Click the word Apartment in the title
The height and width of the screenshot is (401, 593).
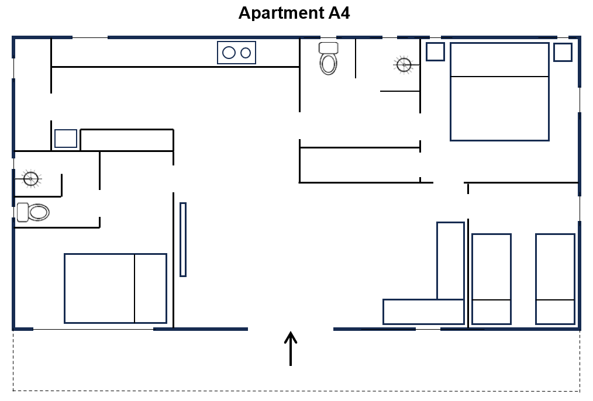tap(281, 13)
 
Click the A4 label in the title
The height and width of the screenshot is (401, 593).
tap(339, 13)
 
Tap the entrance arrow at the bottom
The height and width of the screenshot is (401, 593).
tap(291, 348)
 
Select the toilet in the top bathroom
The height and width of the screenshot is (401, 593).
tap(328, 58)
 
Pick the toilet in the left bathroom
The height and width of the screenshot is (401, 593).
tap(33, 212)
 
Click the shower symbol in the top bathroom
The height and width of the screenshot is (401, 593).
tap(404, 65)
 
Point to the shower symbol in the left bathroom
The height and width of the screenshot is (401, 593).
tap(31, 179)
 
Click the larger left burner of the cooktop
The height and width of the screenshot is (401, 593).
tap(229, 53)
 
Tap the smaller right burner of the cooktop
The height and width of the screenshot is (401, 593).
tap(246, 53)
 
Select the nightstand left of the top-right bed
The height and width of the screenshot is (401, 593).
tap(435, 52)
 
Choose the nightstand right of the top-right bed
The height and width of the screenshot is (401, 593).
tap(563, 52)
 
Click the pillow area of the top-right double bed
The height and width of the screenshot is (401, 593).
tap(499, 60)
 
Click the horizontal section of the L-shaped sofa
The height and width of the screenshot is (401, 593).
tap(423, 312)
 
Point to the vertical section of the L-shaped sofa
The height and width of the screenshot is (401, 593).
tap(450, 261)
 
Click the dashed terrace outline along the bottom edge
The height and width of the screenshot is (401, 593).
tap(296, 391)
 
